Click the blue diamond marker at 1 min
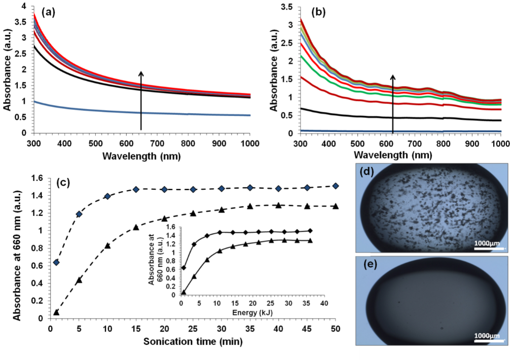coord(56,262)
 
